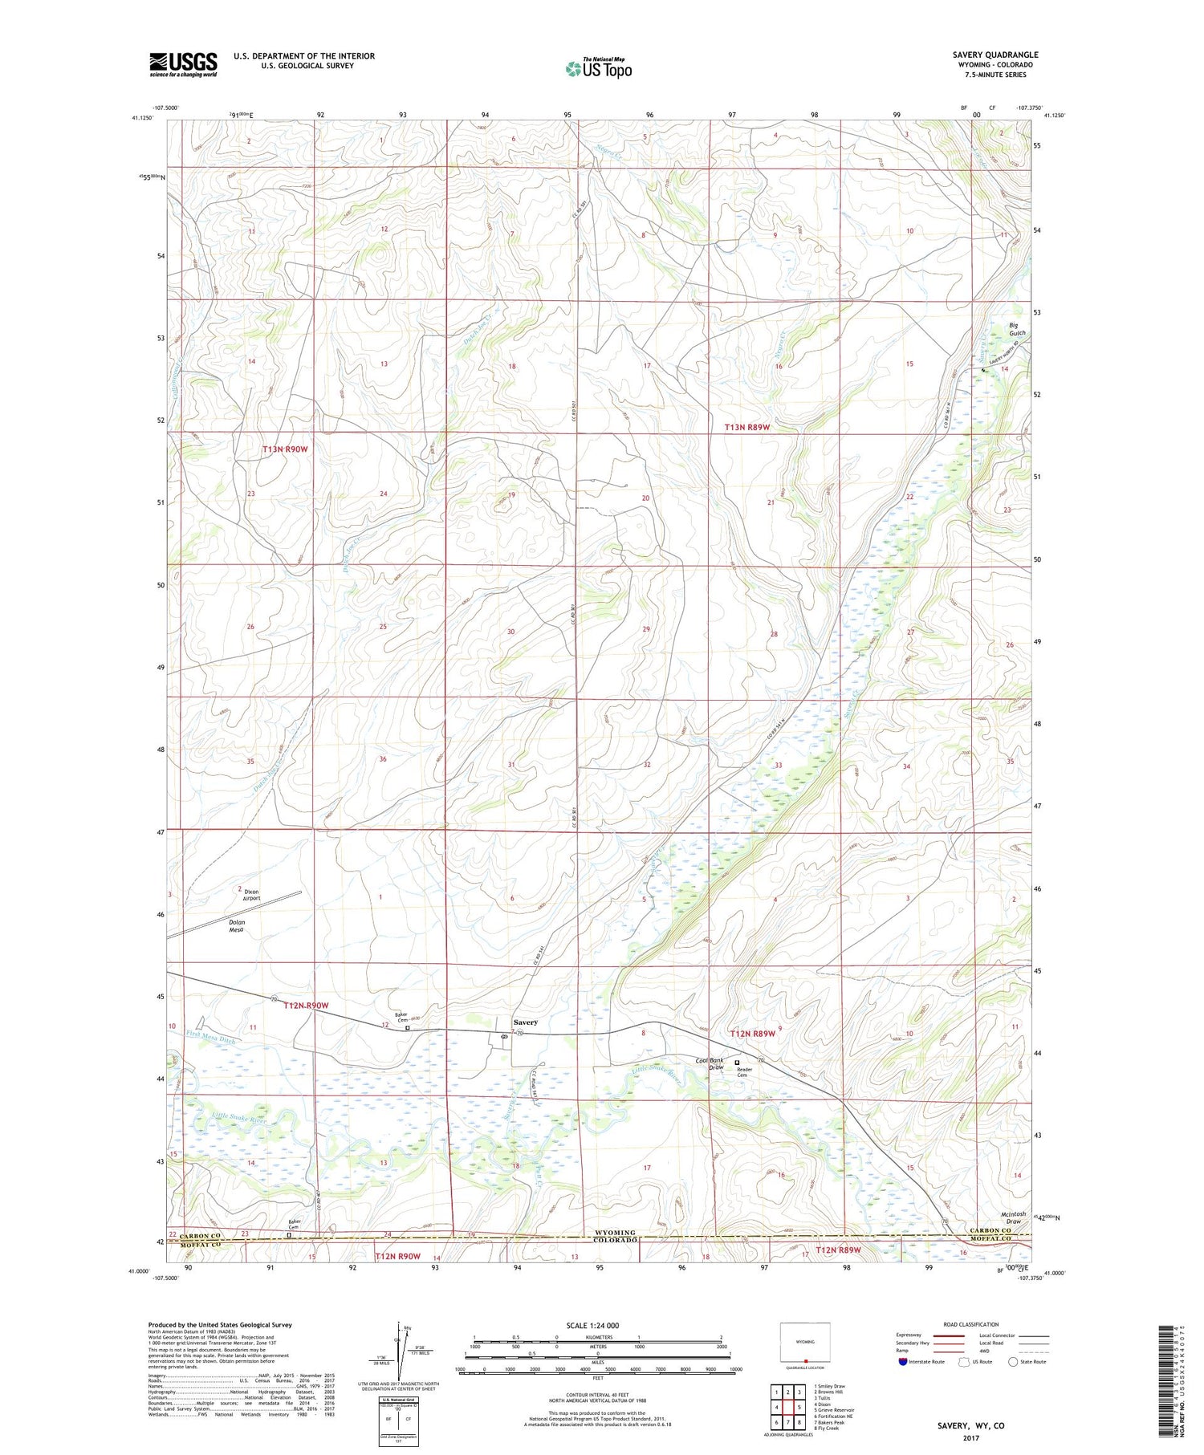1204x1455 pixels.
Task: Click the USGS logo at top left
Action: point(183,64)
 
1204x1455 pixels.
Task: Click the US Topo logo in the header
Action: point(598,69)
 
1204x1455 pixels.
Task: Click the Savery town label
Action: point(525,1022)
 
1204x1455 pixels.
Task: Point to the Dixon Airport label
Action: point(251,895)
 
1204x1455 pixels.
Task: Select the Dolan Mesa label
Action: point(236,926)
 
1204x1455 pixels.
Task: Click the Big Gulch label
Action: point(1018,329)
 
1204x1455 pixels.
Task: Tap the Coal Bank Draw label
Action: point(710,1064)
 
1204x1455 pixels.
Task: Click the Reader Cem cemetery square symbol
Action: point(737,1063)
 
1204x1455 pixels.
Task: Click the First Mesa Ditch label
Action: point(211,1038)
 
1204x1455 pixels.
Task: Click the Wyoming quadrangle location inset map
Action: point(804,1343)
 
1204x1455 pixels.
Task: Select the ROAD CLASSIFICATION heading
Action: point(971,1324)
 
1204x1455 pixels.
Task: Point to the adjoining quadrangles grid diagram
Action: point(787,1406)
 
